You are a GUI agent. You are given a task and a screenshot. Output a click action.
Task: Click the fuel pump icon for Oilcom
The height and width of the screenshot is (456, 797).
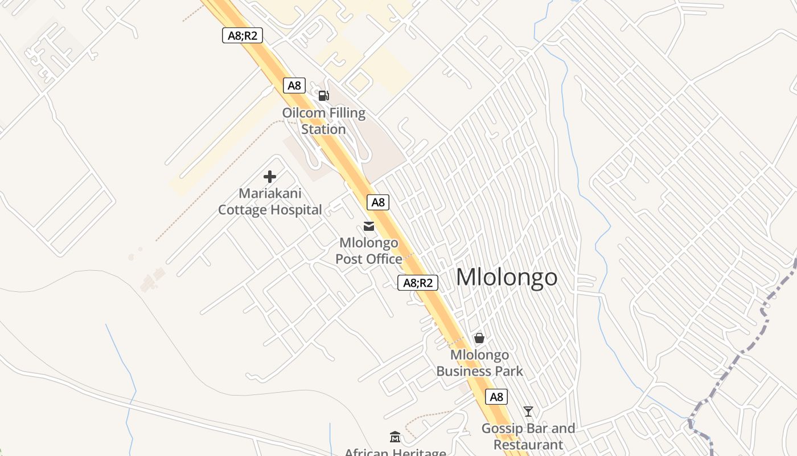tap(323, 95)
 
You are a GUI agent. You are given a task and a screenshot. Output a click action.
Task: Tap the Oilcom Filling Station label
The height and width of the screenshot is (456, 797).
tap(324, 121)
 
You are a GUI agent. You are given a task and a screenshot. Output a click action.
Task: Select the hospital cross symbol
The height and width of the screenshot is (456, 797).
tap(270, 177)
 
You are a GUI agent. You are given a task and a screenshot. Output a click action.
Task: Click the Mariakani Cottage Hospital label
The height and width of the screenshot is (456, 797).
tap(270, 201)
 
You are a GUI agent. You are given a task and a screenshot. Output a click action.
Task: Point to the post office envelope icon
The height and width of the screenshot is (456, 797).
tap(369, 226)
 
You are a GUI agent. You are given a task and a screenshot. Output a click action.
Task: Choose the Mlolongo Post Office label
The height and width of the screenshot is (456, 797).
tap(368, 251)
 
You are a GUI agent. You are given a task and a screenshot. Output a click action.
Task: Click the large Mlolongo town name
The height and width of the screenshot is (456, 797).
tap(507, 277)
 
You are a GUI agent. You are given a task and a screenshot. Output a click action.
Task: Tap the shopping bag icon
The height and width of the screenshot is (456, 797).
tap(479, 338)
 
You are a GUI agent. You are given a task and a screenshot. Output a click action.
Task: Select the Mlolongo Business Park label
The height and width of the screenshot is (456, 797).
tap(479, 363)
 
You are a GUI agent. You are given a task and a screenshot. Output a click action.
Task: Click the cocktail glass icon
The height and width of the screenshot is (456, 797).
tap(528, 411)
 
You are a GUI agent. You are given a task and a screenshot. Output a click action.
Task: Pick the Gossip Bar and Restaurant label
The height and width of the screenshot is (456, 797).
tap(528, 436)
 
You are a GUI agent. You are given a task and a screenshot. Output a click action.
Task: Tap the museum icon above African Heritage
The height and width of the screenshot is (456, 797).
tap(395, 437)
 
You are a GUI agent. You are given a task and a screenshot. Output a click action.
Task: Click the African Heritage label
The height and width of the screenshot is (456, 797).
tap(395, 452)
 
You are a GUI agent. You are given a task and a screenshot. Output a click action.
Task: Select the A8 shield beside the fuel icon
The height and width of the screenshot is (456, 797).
tap(294, 85)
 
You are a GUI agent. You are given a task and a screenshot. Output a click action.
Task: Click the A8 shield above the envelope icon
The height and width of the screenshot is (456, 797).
tap(378, 202)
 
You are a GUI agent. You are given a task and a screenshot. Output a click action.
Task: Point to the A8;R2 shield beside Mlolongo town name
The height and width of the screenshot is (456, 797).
tap(418, 282)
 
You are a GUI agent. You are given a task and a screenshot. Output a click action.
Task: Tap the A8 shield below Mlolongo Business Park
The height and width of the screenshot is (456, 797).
tap(496, 397)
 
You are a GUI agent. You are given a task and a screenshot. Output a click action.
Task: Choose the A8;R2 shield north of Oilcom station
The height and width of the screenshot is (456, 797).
tap(243, 35)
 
